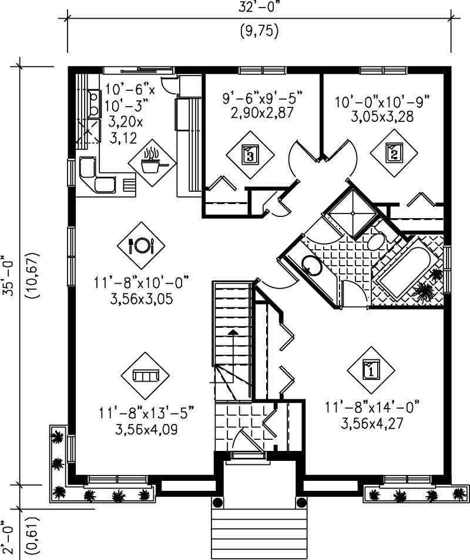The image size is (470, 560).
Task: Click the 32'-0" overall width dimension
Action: click(x=259, y=9)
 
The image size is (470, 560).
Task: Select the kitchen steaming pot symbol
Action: click(x=152, y=162)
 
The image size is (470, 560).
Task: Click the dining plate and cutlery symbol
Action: click(x=141, y=245)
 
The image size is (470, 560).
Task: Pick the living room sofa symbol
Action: click(x=145, y=375)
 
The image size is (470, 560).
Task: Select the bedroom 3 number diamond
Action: click(x=250, y=155)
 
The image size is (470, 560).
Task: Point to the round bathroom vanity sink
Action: click(x=311, y=266)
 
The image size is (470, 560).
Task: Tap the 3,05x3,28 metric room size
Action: click(x=382, y=116)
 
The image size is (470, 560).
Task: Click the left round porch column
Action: click(x=218, y=503)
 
